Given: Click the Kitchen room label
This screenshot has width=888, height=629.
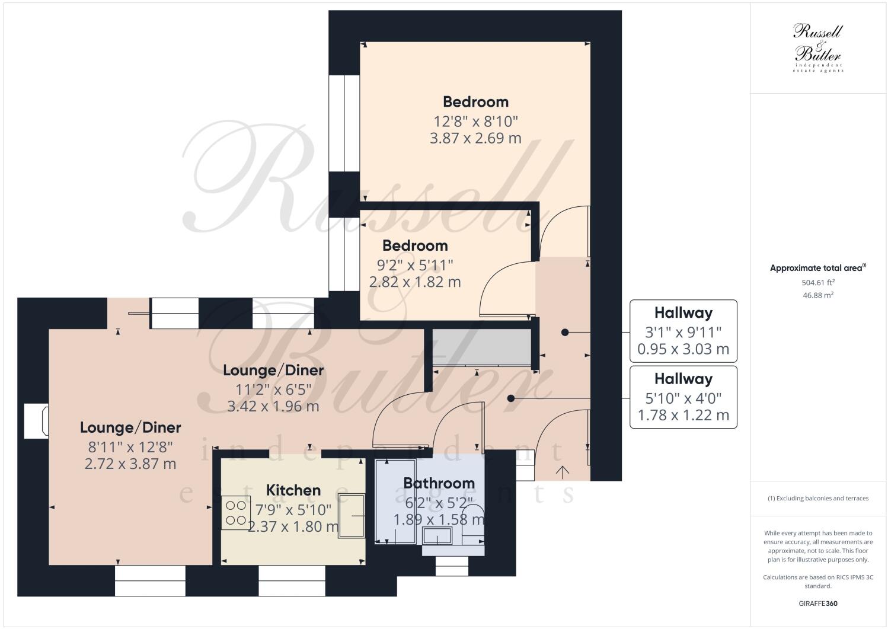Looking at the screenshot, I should click(293, 490).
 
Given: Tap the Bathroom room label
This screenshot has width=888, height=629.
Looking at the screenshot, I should click(439, 483).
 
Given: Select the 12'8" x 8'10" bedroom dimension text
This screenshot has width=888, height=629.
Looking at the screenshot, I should click(475, 122).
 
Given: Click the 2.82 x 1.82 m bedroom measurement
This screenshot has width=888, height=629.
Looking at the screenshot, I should click(414, 282).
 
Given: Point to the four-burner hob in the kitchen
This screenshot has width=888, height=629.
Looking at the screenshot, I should click(236, 513).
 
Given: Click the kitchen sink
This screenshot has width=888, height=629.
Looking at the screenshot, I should click(352, 516).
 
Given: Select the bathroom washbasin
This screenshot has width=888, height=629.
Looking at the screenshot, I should click(437, 537).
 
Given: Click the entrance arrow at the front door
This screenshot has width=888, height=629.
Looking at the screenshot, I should click(562, 472).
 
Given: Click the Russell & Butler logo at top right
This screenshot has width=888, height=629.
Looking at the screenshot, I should click(817, 47).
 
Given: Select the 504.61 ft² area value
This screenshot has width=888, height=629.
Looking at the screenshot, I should click(817, 283).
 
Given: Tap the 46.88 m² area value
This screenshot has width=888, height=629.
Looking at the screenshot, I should click(817, 295).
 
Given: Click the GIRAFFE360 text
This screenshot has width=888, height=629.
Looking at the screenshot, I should click(817, 604).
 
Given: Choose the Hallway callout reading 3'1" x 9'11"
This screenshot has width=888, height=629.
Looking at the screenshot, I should click(683, 331).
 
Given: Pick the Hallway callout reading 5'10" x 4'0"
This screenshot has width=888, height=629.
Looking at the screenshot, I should click(683, 397).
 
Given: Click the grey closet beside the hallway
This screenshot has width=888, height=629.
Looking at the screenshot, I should click(481, 347).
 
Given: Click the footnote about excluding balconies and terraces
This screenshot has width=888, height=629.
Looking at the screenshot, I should click(817, 498).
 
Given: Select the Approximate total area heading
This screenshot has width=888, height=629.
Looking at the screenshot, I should click(817, 268).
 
